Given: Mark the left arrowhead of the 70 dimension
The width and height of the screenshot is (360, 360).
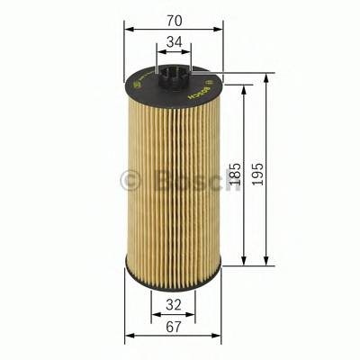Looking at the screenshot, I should pyautogui.click(x=127, y=29).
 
